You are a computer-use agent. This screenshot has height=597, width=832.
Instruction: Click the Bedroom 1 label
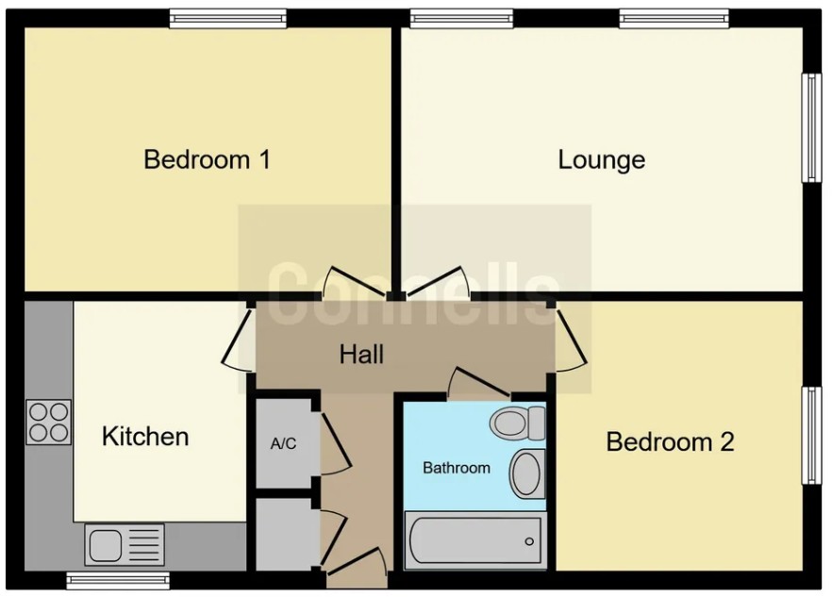[x=207, y=159]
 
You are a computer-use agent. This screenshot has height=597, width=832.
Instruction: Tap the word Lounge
[x=601, y=159]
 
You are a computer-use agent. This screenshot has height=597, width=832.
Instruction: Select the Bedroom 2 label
[x=670, y=441]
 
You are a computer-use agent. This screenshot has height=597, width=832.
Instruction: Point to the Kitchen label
[x=145, y=437]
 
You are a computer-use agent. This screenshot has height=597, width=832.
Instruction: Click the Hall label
[x=361, y=355]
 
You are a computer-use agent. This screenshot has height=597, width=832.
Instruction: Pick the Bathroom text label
[x=457, y=468]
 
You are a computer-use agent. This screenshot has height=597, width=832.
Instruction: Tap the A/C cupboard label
[x=283, y=444]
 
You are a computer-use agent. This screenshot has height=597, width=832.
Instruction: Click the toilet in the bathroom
[x=519, y=423]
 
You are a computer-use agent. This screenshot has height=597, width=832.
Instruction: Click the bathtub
[x=474, y=540]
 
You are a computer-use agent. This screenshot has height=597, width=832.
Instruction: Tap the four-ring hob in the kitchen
[x=49, y=423]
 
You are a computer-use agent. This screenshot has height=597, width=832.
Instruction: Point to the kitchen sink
[x=124, y=544]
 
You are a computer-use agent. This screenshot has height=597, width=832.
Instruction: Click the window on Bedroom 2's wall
[x=810, y=436]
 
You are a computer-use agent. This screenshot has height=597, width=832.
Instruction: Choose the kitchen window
[x=118, y=578]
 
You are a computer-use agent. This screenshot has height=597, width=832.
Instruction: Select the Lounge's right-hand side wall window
[x=810, y=127]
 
